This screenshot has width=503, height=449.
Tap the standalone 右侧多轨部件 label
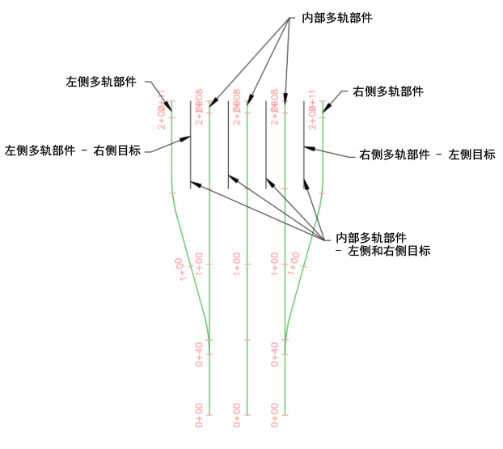[x=388, y=91]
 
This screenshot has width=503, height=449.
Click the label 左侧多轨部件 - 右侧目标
[x=73, y=150]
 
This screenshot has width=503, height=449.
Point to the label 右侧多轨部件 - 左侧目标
[x=427, y=154]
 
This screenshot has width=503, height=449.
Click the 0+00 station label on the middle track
[x=237, y=413]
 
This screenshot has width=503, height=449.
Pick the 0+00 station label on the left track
[x=199, y=413]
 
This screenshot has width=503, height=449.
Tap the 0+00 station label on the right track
[x=276, y=413]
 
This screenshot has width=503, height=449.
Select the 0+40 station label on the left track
[x=199, y=354]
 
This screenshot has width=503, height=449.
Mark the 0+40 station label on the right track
[x=276, y=354]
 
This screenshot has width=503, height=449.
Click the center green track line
[x=247, y=324]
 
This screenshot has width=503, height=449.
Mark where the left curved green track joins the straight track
[x=209, y=339]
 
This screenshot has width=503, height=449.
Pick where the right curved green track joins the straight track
[x=285, y=339]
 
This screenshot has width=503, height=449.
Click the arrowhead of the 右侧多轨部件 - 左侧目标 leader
[x=306, y=147]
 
